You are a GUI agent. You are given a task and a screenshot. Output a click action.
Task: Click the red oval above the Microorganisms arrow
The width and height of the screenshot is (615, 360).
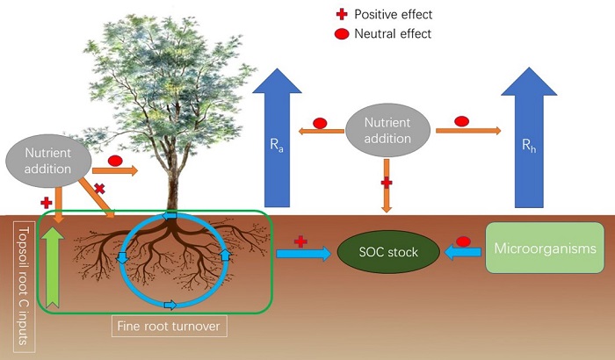tap(463, 240)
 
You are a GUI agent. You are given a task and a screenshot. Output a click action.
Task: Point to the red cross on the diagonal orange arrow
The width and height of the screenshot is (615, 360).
tap(100, 188)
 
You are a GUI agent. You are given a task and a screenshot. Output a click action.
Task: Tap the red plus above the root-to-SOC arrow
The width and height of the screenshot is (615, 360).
tap(300, 240)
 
